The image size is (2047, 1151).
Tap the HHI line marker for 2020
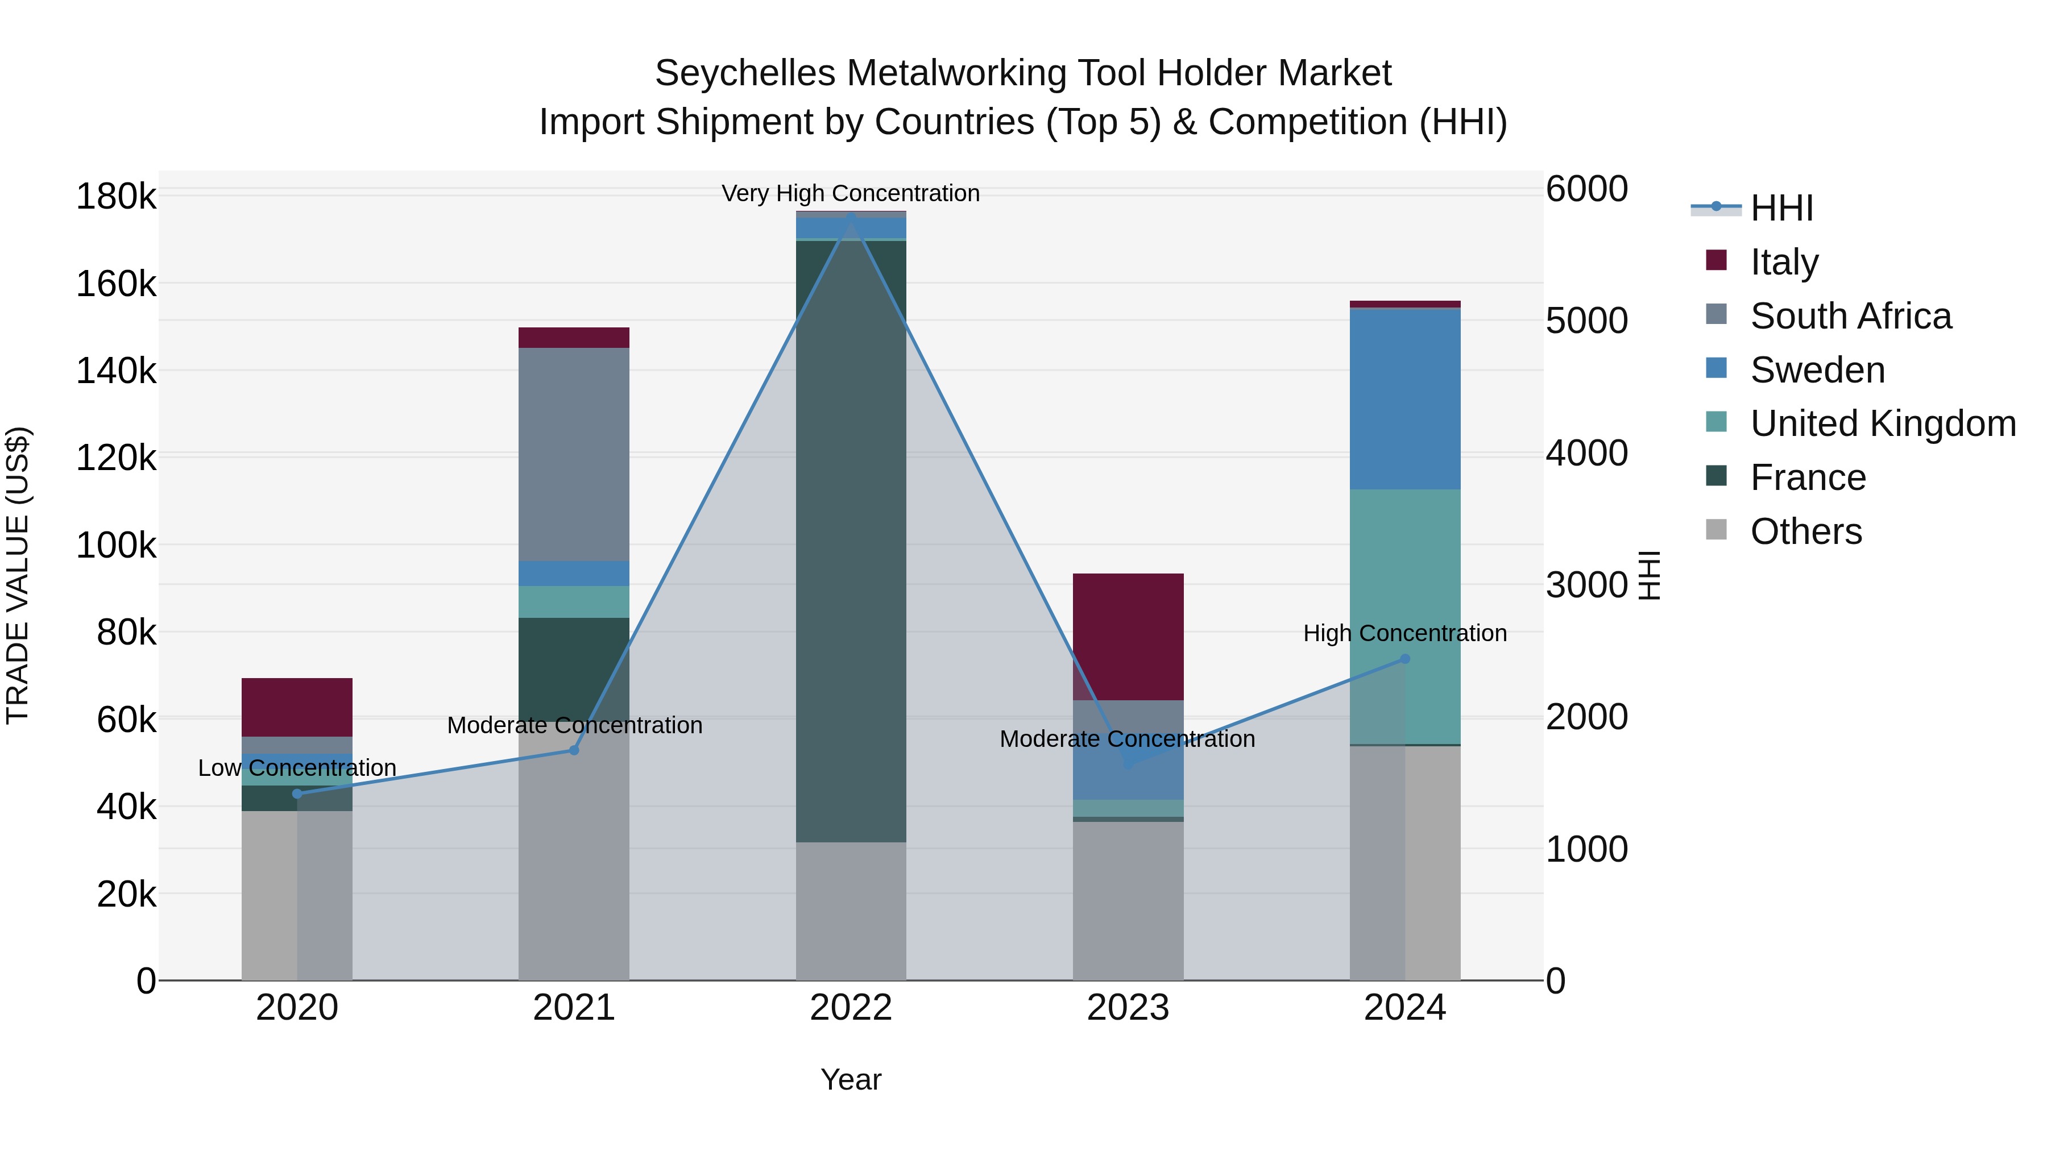point(297,793)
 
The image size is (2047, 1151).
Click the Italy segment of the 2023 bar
point(1128,636)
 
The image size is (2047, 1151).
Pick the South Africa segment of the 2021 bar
point(574,454)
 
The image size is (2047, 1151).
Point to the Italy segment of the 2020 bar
point(297,707)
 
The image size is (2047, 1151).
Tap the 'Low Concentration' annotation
point(297,768)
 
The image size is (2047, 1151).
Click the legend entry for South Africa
point(1850,316)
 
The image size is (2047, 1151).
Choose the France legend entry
point(1807,477)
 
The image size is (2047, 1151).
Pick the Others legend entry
point(1805,531)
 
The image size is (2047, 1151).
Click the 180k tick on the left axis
point(116,196)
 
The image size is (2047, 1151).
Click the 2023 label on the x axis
point(1128,1008)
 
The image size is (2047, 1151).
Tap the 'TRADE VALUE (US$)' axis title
point(18,575)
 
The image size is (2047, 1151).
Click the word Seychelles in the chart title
point(744,73)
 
